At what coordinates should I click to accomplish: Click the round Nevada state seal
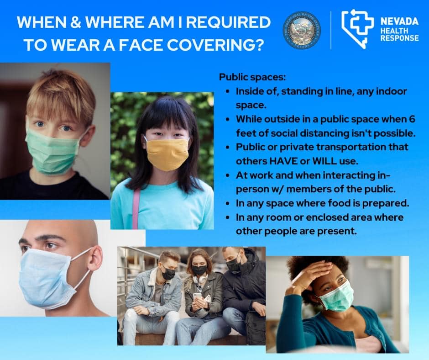pyautogui.click(x=302, y=30)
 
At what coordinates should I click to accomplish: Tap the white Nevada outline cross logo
pyautogui.click(x=358, y=28)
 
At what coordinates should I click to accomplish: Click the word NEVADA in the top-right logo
pyautogui.click(x=399, y=21)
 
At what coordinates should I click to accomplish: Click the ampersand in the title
pyautogui.click(x=75, y=22)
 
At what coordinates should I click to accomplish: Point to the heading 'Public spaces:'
pyautogui.click(x=252, y=77)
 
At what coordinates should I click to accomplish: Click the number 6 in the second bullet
pyautogui.click(x=412, y=119)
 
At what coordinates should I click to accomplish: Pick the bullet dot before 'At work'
pyautogui.click(x=228, y=175)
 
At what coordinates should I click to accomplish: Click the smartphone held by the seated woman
pyautogui.click(x=197, y=297)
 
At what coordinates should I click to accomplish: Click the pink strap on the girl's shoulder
pyautogui.click(x=136, y=208)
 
